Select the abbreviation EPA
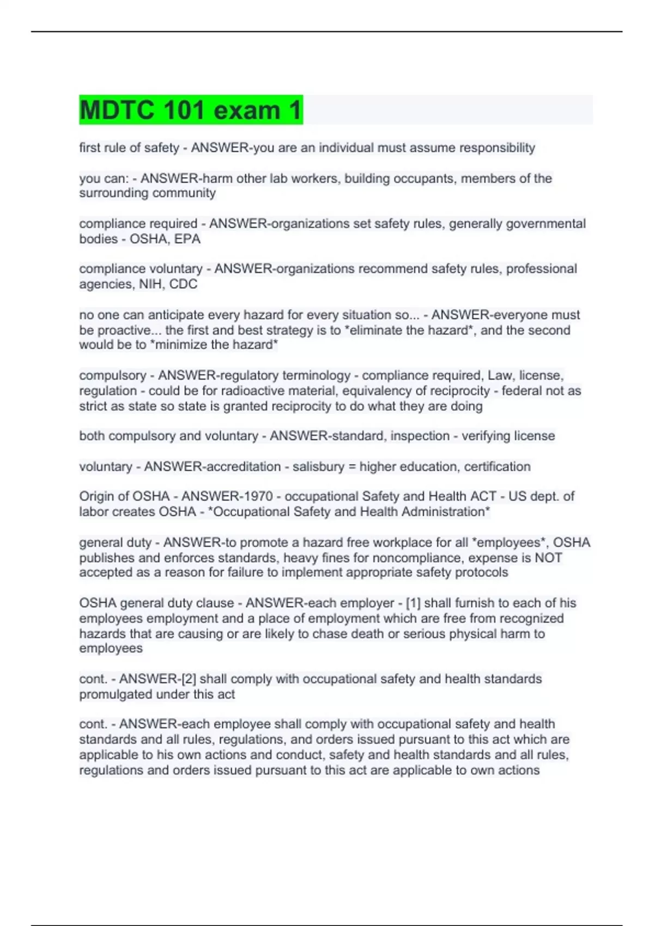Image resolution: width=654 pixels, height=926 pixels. pyautogui.click(x=187, y=239)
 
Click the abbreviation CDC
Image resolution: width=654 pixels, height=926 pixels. pyautogui.click(x=183, y=284)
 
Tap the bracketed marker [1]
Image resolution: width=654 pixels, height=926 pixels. pyautogui.click(x=413, y=603)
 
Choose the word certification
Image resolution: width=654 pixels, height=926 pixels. pyautogui.click(x=497, y=466)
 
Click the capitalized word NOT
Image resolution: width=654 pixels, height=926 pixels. pyautogui.click(x=548, y=557)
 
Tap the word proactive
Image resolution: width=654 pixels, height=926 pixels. pyautogui.click(x=124, y=330)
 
